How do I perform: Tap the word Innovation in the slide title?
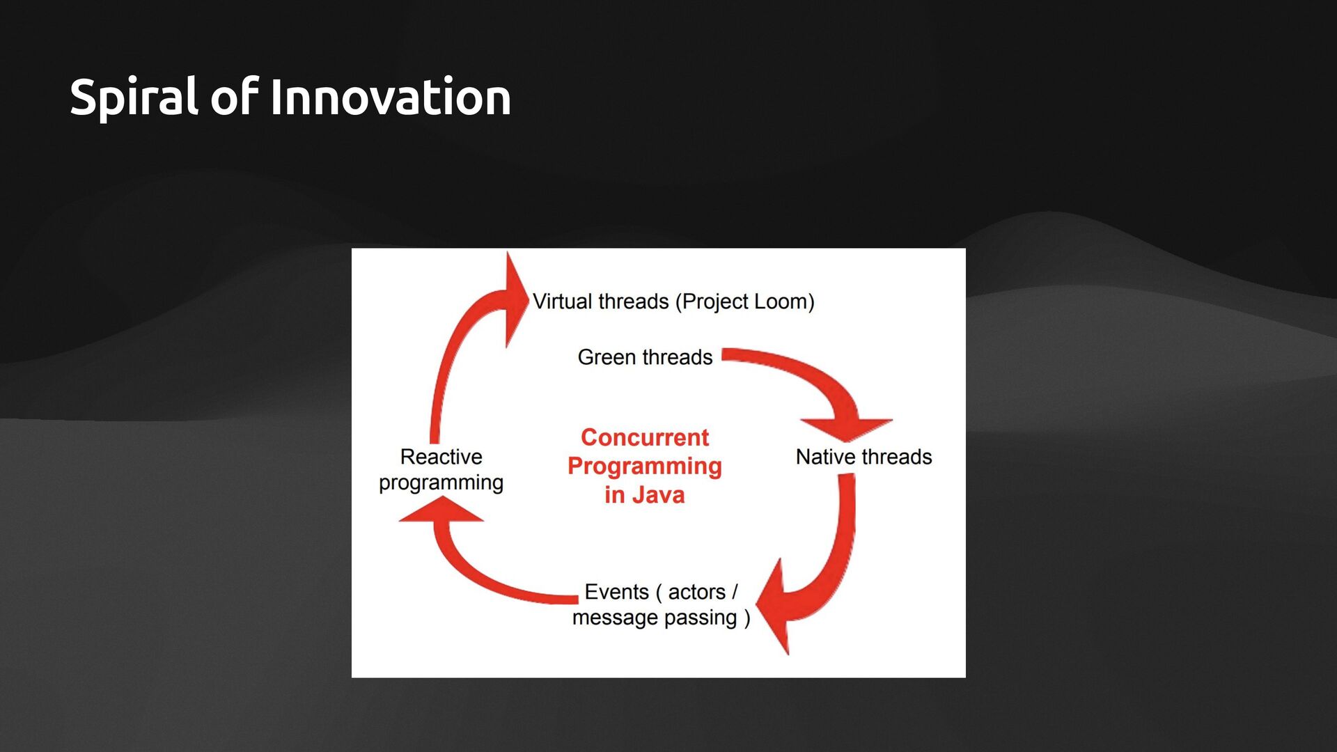tap(390, 97)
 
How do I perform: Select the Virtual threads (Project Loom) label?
tap(673, 301)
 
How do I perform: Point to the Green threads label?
tap(645, 357)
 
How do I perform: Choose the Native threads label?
tap(863, 457)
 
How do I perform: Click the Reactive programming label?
tap(441, 469)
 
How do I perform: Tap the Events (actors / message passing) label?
tap(660, 604)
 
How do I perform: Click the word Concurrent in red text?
tap(645, 437)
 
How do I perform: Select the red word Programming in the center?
tap(645, 466)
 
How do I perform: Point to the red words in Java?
tap(645, 495)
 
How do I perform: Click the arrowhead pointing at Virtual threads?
tap(515, 299)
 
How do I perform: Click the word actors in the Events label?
tap(696, 592)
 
